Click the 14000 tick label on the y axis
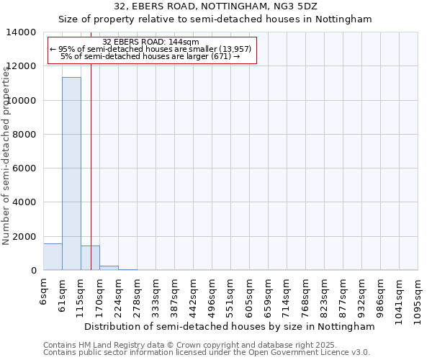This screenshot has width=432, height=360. pos(22,32)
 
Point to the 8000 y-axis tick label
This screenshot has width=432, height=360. pos(25,135)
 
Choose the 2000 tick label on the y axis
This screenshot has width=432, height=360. pos(25,237)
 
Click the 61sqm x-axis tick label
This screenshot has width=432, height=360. pos(63,294)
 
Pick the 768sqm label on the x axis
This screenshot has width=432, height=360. pos(306,296)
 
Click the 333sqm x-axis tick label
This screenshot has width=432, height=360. pos(156,296)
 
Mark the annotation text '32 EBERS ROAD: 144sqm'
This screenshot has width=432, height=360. pos(151,42)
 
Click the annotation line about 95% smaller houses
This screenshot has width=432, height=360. pos(150,49)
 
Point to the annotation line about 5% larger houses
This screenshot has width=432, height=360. pos(150,56)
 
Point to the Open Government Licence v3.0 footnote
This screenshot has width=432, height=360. pos(207,353)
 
